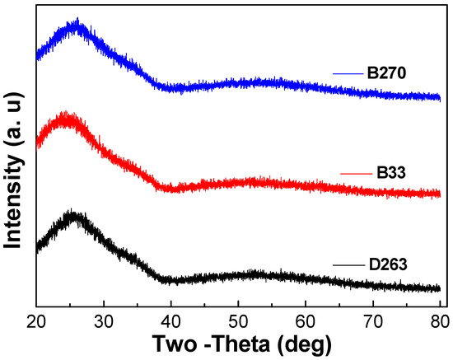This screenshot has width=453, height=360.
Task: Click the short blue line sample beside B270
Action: [348, 73]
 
